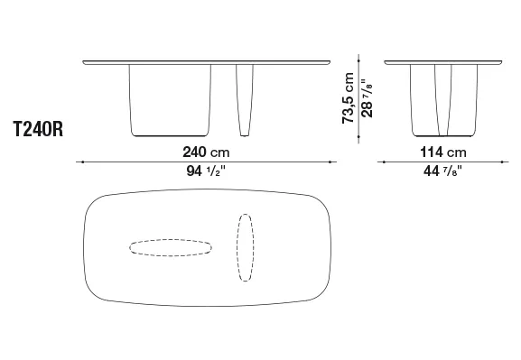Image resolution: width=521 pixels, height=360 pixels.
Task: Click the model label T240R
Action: point(38,129)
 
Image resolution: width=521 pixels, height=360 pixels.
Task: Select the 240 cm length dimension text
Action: point(206,152)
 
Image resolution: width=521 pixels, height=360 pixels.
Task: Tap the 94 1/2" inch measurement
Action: point(206,171)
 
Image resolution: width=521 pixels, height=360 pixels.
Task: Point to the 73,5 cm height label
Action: point(348,98)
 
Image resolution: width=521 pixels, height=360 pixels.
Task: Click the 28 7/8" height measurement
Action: point(367,98)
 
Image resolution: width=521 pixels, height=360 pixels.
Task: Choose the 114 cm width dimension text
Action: point(443,152)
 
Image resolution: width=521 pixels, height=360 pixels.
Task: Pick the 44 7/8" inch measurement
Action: point(443,171)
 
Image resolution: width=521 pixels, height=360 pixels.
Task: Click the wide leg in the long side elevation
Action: point(170,100)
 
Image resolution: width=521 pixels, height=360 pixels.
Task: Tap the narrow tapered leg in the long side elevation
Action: point(245,100)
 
